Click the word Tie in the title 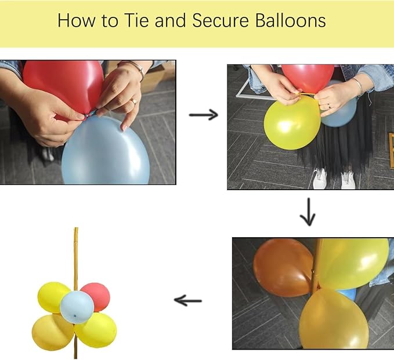[x=136, y=20]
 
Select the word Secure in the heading [x=221, y=20]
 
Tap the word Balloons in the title [x=291, y=20]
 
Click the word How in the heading [x=77, y=20]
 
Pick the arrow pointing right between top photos [x=204, y=115]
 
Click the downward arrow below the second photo [x=308, y=212]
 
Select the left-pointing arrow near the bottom [x=188, y=300]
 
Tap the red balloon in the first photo [x=64, y=86]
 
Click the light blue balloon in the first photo [x=106, y=151]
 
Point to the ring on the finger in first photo [x=133, y=101]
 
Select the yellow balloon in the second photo [x=292, y=123]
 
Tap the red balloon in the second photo [x=308, y=77]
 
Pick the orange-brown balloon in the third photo [x=283, y=268]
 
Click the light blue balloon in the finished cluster [x=77, y=307]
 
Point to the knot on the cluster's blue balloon [x=75, y=315]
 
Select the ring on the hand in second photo [x=329, y=106]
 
